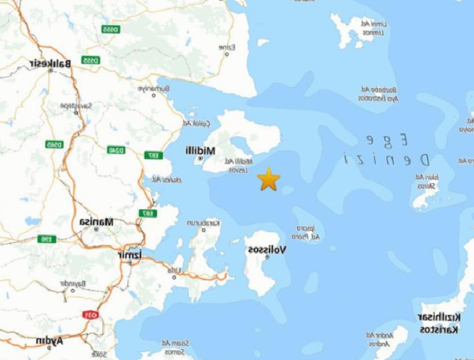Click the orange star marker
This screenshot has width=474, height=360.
(x=269, y=179)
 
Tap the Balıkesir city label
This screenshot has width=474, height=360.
(x=52, y=63)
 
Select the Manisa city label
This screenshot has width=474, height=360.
(x=97, y=221)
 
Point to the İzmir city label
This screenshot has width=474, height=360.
(x=129, y=255)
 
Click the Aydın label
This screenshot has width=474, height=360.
(x=50, y=341)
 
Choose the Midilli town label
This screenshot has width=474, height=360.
(x=200, y=150)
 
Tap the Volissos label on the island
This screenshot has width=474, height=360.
(x=267, y=250)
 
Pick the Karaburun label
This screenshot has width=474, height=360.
(x=204, y=222)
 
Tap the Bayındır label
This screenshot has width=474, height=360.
(x=72, y=283)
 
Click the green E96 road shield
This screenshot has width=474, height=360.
(x=46, y=239)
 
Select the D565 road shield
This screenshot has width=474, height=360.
(x=54, y=144)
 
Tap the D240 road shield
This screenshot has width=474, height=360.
(x=116, y=150)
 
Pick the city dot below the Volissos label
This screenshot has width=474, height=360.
(x=267, y=258)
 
